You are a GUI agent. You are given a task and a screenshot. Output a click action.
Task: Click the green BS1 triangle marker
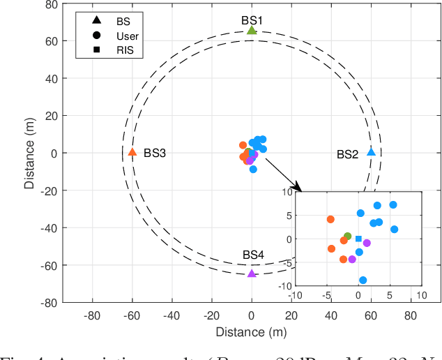252,30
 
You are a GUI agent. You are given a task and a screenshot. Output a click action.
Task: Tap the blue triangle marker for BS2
371,152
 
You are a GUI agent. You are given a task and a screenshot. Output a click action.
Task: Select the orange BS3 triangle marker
132,152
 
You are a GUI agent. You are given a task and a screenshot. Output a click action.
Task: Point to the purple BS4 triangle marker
252,273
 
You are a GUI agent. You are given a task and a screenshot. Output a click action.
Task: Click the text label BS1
252,21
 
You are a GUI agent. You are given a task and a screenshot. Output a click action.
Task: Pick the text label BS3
155,153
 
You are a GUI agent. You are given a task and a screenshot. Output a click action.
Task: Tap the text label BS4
253,255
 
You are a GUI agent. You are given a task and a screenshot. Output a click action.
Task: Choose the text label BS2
347,155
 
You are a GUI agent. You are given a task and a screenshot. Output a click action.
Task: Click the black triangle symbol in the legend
96,22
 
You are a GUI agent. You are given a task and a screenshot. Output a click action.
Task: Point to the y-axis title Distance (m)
29,153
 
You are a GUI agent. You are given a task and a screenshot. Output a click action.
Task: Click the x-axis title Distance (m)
252,331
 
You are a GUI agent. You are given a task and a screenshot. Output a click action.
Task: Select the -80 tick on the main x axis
92,315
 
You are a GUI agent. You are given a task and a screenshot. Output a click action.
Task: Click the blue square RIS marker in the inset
358,239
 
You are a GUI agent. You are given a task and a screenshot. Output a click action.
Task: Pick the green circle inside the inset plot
348,237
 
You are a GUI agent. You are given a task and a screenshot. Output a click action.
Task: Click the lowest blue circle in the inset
363,280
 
